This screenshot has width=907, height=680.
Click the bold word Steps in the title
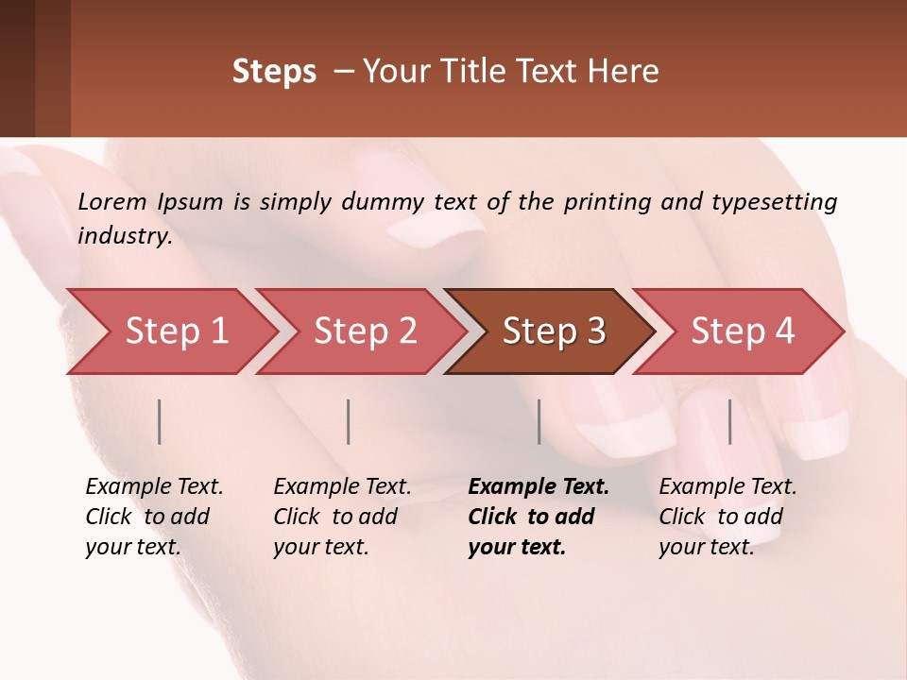click(274, 72)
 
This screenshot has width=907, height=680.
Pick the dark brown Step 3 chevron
click(554, 331)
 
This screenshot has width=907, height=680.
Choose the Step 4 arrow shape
click(743, 331)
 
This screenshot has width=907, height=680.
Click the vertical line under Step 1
click(160, 421)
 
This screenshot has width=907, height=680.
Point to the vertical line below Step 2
click(349, 421)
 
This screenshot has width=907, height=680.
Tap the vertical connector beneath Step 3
click(539, 421)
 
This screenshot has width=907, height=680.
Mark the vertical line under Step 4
click(729, 421)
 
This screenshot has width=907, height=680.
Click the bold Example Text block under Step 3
click(539, 517)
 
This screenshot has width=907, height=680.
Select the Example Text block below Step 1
click(154, 517)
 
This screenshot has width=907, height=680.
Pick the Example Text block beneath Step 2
click(342, 517)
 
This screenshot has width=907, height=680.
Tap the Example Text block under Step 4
click(727, 517)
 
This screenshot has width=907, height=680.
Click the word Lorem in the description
click(112, 201)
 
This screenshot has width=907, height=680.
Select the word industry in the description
click(124, 236)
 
